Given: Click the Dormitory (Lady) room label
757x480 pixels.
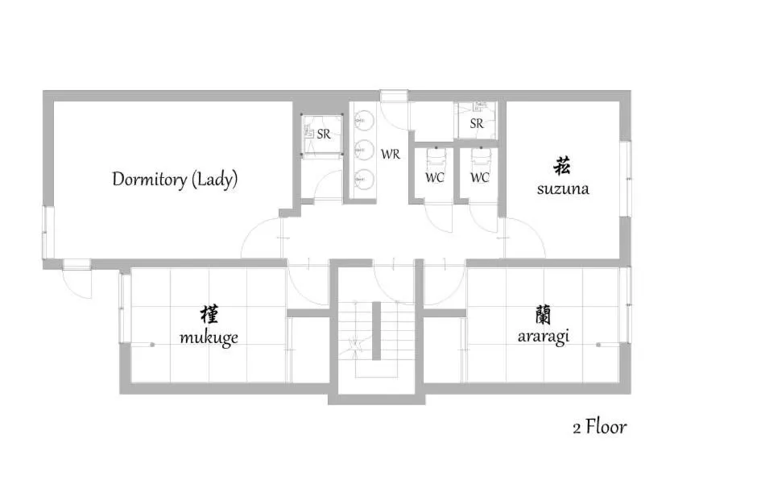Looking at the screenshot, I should [x=175, y=179].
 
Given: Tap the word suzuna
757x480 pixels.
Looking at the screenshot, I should [x=563, y=189].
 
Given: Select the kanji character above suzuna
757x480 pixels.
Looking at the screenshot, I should [x=562, y=167].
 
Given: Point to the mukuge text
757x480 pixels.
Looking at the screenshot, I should [x=209, y=337].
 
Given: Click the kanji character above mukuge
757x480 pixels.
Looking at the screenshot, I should [x=209, y=314].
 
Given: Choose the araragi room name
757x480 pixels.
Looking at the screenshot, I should [x=543, y=336].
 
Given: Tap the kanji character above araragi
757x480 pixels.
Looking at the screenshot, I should [x=543, y=312].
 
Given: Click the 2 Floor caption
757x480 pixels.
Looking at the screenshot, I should [x=599, y=426].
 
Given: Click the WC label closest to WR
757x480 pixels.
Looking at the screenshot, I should [x=435, y=177].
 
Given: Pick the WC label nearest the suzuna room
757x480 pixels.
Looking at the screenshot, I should [x=480, y=177].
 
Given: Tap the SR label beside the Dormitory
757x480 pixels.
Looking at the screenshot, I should [x=323, y=134].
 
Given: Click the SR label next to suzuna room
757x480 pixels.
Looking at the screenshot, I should [x=477, y=124].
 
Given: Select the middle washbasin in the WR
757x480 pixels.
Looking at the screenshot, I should [x=362, y=149].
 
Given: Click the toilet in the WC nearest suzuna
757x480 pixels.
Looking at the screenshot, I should [x=481, y=155].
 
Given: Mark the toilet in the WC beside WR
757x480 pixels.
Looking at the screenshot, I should [x=435, y=155].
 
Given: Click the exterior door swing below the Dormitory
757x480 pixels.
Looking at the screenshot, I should [x=78, y=282].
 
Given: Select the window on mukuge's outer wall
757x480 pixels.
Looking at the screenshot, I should [x=124, y=307].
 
